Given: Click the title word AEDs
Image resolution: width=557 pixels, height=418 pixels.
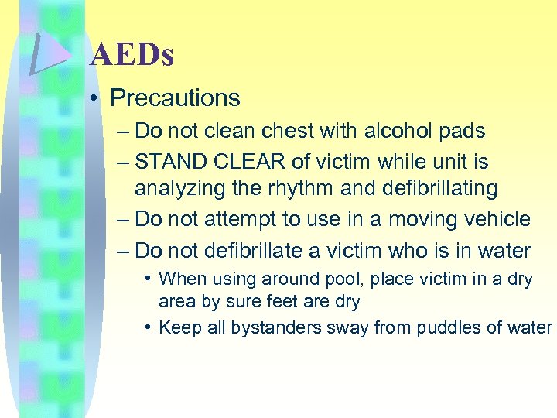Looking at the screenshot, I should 132,56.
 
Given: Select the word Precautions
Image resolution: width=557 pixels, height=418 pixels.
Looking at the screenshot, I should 175,98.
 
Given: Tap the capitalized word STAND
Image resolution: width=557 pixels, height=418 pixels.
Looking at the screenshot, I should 168,162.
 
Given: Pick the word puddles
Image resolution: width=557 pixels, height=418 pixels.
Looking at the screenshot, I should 453,328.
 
